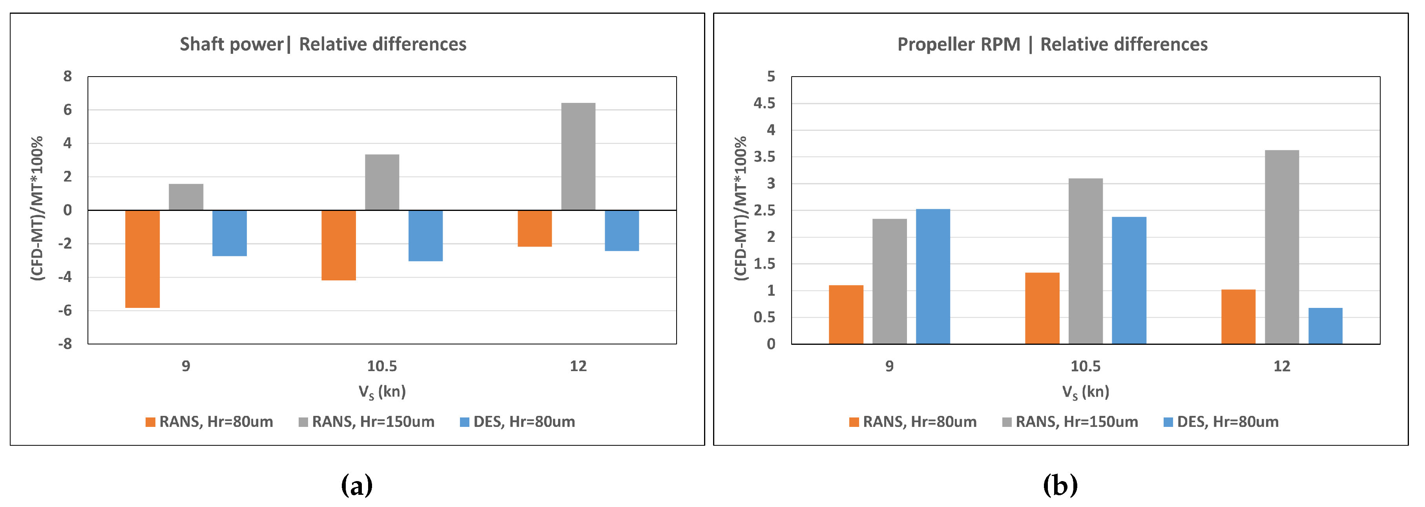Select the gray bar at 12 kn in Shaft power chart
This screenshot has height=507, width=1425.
(578, 157)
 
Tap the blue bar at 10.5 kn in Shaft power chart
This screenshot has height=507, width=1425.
(425, 235)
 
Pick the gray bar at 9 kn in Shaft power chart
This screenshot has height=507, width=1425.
(186, 197)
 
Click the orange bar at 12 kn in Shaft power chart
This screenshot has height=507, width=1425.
(535, 228)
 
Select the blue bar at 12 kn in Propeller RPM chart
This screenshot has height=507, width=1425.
(1325, 326)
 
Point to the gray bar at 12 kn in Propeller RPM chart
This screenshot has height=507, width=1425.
(1282, 247)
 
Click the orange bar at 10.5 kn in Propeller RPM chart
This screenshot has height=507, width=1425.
(1042, 308)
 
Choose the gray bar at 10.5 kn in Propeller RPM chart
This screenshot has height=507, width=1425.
(1086, 261)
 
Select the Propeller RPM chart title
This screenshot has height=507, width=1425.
(1052, 44)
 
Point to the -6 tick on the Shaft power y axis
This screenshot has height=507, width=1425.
(65, 311)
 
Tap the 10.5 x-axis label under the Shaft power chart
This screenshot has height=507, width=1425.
(382, 366)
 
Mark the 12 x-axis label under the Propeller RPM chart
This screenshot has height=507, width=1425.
(1282, 366)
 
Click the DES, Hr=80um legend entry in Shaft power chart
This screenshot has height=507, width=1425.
(517, 422)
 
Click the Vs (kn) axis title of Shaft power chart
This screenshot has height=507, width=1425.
(382, 392)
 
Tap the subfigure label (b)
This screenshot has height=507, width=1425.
(1060, 485)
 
